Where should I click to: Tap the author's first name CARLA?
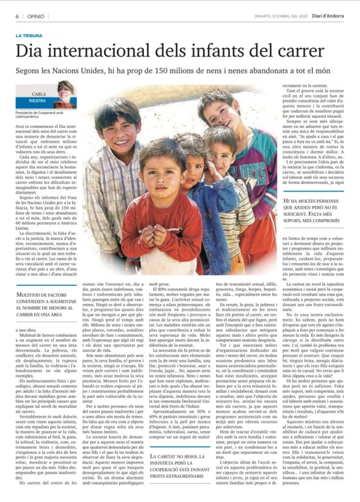[x=38, y=95]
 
